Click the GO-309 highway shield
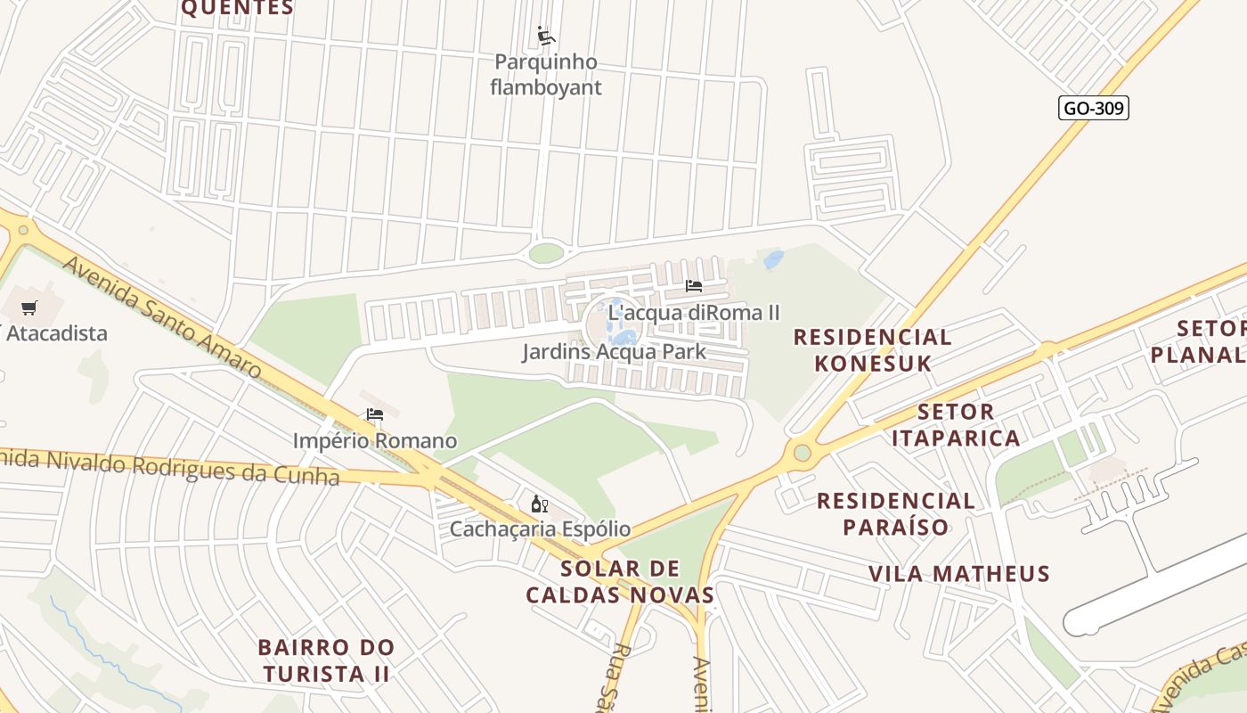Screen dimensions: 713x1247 pyautogui.click(x=1095, y=109)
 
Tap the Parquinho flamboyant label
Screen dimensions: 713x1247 pyautogui.click(x=546, y=75)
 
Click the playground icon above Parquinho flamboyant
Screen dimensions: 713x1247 pyautogui.click(x=546, y=37)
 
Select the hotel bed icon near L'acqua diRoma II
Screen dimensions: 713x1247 pyautogui.click(x=694, y=286)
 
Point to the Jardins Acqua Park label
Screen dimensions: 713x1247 pyautogui.click(x=614, y=351)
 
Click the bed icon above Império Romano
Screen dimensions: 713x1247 pyautogui.click(x=375, y=414)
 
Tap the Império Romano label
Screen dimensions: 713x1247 pyautogui.click(x=375, y=440)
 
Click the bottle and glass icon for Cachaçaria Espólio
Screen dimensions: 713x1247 pyautogui.click(x=539, y=504)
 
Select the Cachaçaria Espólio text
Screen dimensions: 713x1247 pyautogui.click(x=540, y=529)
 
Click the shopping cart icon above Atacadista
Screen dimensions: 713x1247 pyautogui.click(x=29, y=308)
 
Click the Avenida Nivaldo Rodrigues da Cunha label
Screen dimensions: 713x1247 pyautogui.click(x=169, y=466)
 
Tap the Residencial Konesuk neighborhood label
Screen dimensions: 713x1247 pyautogui.click(x=872, y=349)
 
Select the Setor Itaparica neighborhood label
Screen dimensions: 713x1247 pyautogui.click(x=956, y=424)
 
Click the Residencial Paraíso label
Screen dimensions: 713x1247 pyautogui.click(x=896, y=513)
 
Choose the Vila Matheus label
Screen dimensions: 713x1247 pyautogui.click(x=959, y=573)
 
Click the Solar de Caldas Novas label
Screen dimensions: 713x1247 pyautogui.click(x=620, y=581)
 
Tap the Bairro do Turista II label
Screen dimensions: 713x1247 pyautogui.click(x=326, y=660)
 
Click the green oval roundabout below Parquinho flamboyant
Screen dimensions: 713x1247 pyautogui.click(x=546, y=253)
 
